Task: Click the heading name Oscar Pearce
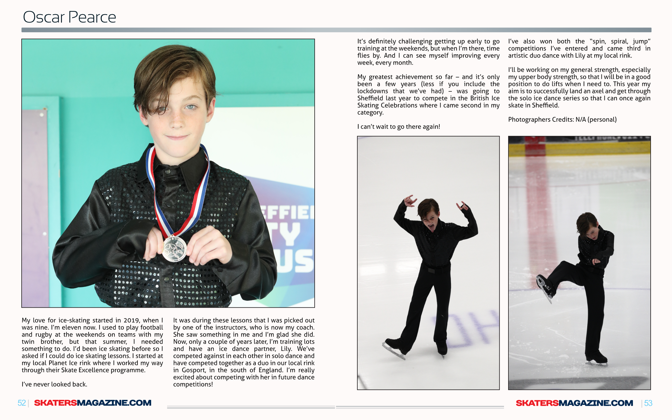coord(69,17)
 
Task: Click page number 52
coord(22,403)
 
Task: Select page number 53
coord(648,403)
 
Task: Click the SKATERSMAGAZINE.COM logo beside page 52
coord(93,403)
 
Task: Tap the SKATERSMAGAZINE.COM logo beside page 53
coord(574,403)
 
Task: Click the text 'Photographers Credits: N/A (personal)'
coord(562,119)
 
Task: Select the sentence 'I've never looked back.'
coord(55,384)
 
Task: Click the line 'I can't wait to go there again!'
coord(399,127)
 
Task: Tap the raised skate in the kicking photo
coord(545,287)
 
